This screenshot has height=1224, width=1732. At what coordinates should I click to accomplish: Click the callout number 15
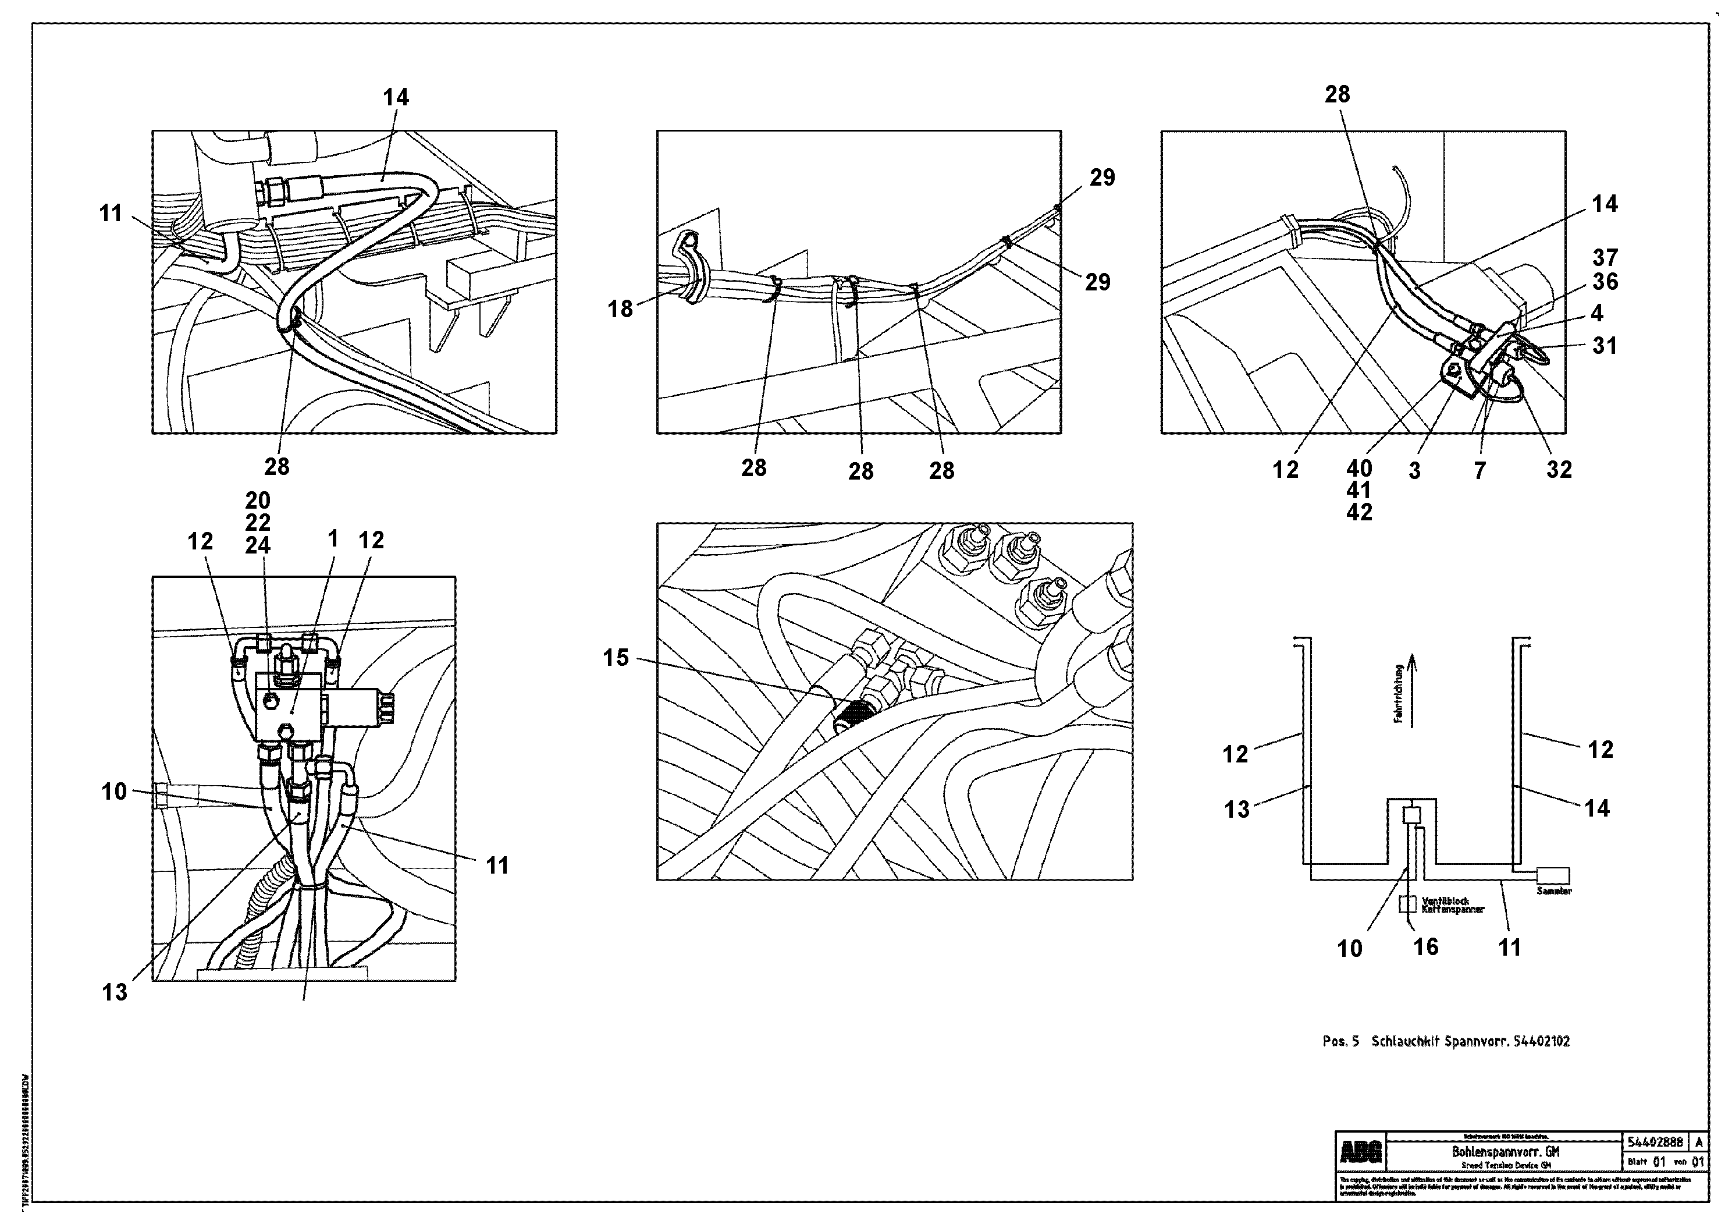click(x=616, y=658)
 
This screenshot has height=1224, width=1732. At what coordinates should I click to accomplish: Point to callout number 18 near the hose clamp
click(x=620, y=310)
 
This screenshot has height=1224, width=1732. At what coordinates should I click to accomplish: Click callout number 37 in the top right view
click(x=1605, y=257)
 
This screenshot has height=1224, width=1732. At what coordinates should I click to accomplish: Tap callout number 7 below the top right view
click(x=1480, y=471)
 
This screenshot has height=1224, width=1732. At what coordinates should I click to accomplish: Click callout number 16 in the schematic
click(x=1426, y=947)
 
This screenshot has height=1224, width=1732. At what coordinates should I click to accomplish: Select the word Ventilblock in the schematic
click(x=1445, y=901)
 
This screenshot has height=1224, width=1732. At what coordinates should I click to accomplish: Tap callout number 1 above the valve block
click(x=332, y=539)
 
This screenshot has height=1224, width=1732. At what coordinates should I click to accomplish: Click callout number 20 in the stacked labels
click(x=257, y=501)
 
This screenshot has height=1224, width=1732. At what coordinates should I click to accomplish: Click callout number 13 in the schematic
click(x=1236, y=810)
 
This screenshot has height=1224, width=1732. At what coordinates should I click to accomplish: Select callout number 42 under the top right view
click(x=1358, y=512)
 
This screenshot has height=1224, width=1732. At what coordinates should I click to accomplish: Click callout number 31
click(x=1605, y=346)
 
